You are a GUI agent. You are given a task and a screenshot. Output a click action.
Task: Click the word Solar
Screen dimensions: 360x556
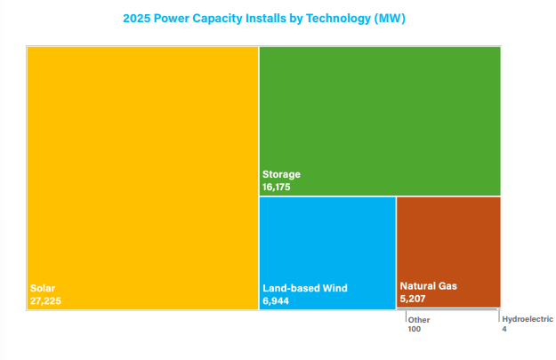43,288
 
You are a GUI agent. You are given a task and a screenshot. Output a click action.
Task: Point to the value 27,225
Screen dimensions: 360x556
45,301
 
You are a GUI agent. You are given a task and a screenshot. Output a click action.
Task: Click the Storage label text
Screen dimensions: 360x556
281,174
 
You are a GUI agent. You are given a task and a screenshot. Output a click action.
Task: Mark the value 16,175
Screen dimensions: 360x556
277,188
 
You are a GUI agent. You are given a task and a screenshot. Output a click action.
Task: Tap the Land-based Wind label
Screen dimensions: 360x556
304,288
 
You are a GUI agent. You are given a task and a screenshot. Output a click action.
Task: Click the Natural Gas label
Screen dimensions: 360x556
428,286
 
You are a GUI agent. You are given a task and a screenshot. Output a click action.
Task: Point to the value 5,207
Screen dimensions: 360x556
414,300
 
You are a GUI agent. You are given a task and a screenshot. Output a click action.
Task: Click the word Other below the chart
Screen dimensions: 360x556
419,319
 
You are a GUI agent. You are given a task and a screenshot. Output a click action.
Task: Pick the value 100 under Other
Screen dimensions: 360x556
415,329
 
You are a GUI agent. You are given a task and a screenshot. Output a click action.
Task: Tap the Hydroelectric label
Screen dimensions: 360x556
528,319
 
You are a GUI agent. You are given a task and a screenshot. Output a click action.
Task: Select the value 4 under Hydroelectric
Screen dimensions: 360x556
504,329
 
